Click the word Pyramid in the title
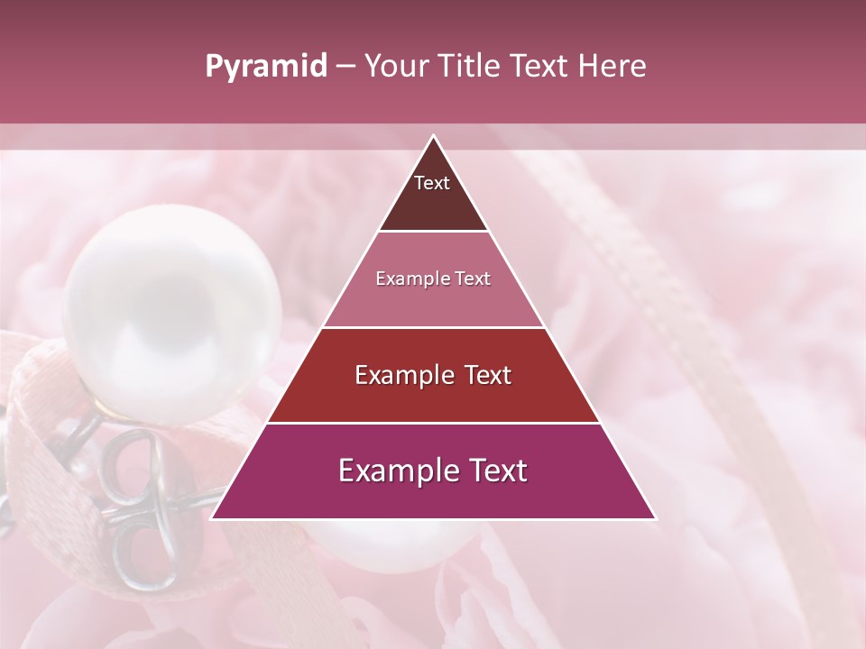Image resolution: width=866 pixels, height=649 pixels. (266, 67)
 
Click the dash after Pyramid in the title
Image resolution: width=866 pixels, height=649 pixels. (345, 67)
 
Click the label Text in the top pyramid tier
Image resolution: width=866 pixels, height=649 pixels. (432, 183)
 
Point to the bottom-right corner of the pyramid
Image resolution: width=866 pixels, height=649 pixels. (655, 518)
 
